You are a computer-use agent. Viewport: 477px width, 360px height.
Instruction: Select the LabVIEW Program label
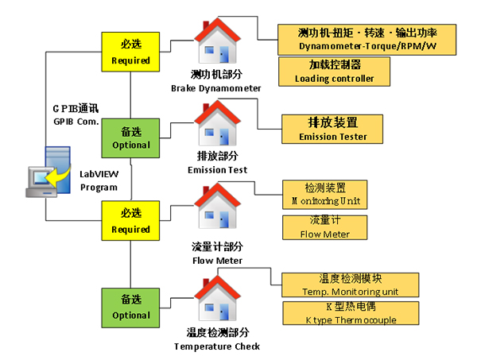click(x=99, y=180)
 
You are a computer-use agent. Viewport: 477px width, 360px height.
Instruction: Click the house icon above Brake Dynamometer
click(x=215, y=43)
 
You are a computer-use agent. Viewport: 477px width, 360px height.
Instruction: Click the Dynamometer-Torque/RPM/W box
click(x=367, y=40)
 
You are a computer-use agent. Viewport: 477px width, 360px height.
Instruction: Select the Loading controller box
click(x=333, y=72)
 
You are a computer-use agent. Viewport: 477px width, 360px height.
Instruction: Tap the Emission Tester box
click(x=333, y=130)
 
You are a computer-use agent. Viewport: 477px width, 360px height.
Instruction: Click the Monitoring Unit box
click(x=327, y=195)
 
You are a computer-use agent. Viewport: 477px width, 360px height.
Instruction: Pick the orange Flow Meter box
click(x=327, y=226)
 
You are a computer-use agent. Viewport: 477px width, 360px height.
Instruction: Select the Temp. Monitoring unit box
click(x=351, y=285)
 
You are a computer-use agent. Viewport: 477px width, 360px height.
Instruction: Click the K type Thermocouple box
click(x=351, y=314)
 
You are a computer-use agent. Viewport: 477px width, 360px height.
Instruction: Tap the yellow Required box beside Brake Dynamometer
click(x=130, y=53)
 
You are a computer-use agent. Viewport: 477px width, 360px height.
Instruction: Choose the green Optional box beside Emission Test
click(x=130, y=138)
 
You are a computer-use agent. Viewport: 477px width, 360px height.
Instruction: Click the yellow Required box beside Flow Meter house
click(x=130, y=222)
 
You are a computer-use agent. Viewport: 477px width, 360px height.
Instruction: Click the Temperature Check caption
click(x=217, y=339)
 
